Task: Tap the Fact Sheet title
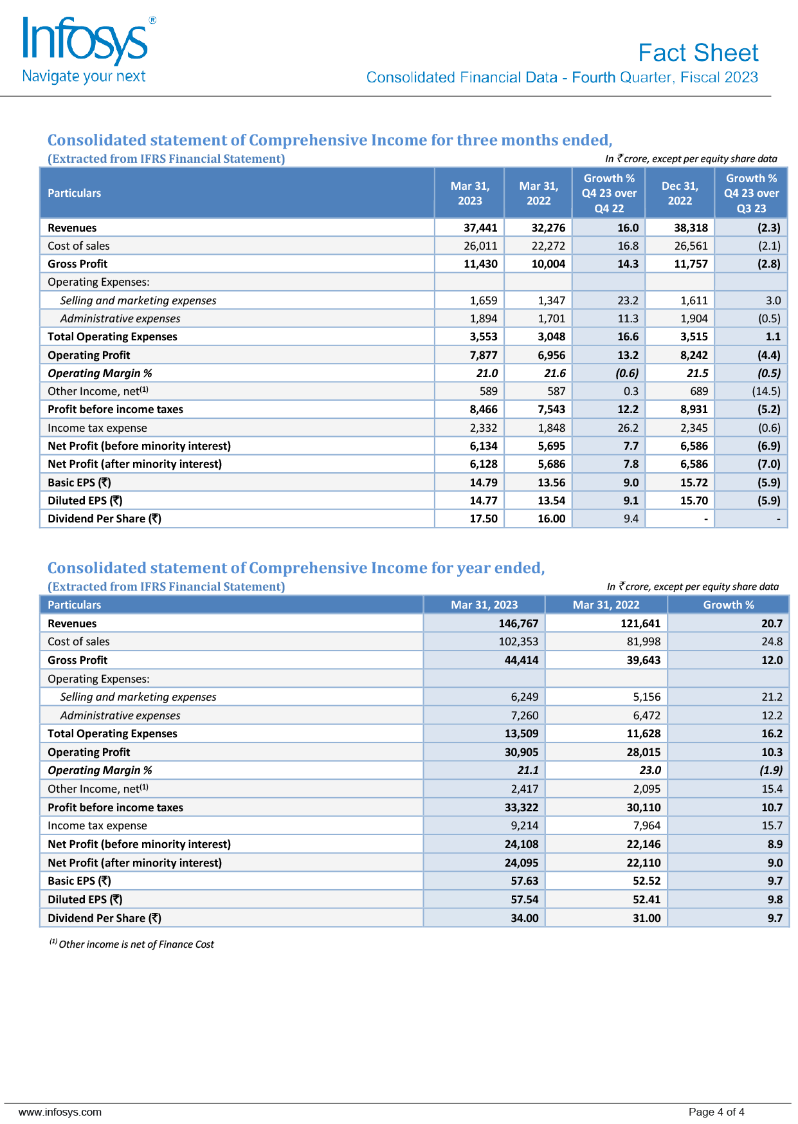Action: click(698, 53)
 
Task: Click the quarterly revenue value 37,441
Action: click(480, 228)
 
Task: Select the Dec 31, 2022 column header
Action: click(680, 193)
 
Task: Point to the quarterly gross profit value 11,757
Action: click(691, 264)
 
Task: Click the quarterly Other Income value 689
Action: click(698, 391)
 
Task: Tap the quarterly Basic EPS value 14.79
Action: click(483, 483)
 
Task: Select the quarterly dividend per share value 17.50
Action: click(483, 519)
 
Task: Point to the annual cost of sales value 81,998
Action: click(643, 641)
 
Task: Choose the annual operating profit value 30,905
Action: click(521, 752)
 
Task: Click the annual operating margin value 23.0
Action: click(649, 770)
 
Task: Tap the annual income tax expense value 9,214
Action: click(524, 825)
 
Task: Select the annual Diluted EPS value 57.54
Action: click(524, 899)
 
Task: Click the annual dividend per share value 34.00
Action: click(524, 918)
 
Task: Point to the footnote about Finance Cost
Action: click(132, 944)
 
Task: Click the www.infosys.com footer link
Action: click(60, 1112)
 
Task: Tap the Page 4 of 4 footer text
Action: click(716, 1112)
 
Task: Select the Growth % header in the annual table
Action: click(728, 605)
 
